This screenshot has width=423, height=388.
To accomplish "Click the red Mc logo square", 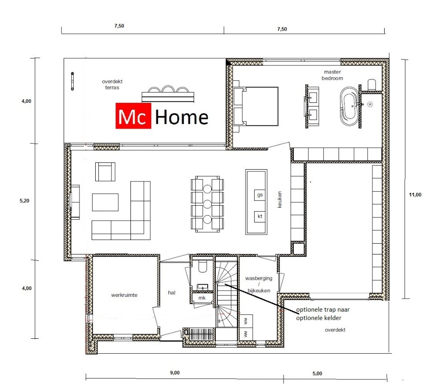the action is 133,115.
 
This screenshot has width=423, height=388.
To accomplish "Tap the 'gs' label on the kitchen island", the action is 260,194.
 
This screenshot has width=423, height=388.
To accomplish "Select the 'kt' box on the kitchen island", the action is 260,216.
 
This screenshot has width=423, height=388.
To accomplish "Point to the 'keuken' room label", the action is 279,199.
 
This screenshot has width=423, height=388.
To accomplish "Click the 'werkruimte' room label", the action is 124,295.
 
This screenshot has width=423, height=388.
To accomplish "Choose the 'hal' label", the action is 172,292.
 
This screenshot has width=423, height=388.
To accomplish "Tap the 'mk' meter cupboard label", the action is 202,298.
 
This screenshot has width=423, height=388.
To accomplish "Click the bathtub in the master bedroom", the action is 349,106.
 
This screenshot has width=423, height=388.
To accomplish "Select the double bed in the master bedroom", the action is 256,106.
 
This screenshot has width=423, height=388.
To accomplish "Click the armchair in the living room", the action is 105,172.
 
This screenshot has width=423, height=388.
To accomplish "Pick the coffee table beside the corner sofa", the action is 105,202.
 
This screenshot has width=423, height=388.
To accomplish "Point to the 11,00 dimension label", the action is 415,194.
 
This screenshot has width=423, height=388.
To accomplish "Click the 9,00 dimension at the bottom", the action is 175,373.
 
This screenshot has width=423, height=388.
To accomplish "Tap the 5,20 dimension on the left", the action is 24,201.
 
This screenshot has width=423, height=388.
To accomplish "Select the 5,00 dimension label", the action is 317,374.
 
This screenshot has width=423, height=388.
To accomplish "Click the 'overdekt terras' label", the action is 112,84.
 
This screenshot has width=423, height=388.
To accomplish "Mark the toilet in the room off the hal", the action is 202,266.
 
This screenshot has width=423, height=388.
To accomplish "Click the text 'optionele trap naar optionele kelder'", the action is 323,314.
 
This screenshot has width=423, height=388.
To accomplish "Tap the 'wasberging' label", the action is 258,278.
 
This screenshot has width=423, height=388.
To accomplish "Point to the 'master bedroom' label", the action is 332,75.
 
